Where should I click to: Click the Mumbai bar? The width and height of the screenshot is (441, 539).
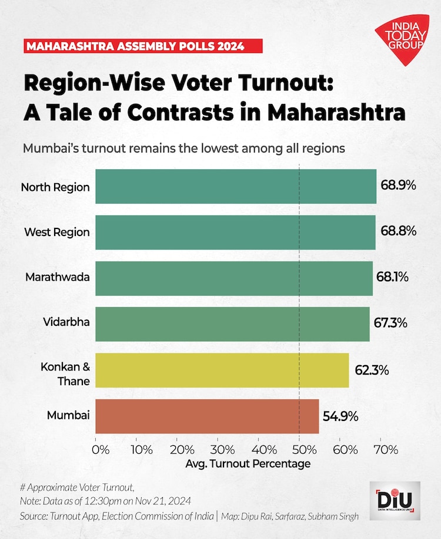coord(207,416)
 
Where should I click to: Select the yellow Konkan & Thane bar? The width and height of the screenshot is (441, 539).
coord(222,370)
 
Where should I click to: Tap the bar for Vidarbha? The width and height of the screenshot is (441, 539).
coord(232,324)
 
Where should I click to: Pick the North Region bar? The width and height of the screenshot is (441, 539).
coord(236,187)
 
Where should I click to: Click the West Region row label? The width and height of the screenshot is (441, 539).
coord(57,232)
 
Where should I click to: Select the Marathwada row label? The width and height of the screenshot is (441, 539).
coord(58,277)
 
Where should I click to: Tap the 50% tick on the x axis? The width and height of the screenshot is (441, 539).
coord(299,450)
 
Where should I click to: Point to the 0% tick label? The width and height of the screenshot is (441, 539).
coord(102,450)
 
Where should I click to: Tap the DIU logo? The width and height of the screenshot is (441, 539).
coord(395,501)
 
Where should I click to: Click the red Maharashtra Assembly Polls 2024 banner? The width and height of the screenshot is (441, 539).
coord(134,45)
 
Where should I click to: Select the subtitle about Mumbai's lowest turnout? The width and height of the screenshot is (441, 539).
coord(183,148)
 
